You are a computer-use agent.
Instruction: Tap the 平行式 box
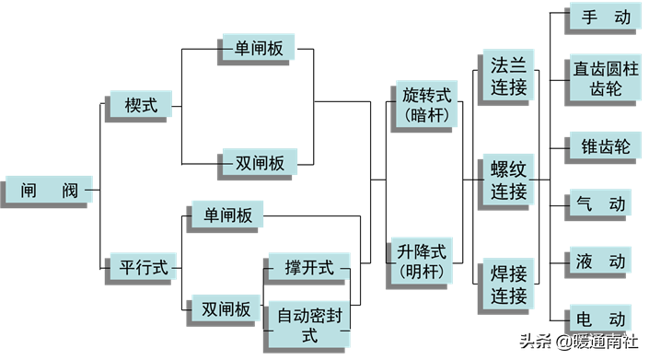(144, 267)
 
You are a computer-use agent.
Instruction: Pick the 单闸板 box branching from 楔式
(258, 48)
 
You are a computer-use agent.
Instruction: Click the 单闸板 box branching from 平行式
(225, 215)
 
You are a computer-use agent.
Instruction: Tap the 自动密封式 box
(308, 324)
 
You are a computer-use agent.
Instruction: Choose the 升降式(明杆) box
(423, 261)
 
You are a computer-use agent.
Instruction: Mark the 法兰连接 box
(508, 76)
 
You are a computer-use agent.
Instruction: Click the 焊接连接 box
(508, 285)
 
